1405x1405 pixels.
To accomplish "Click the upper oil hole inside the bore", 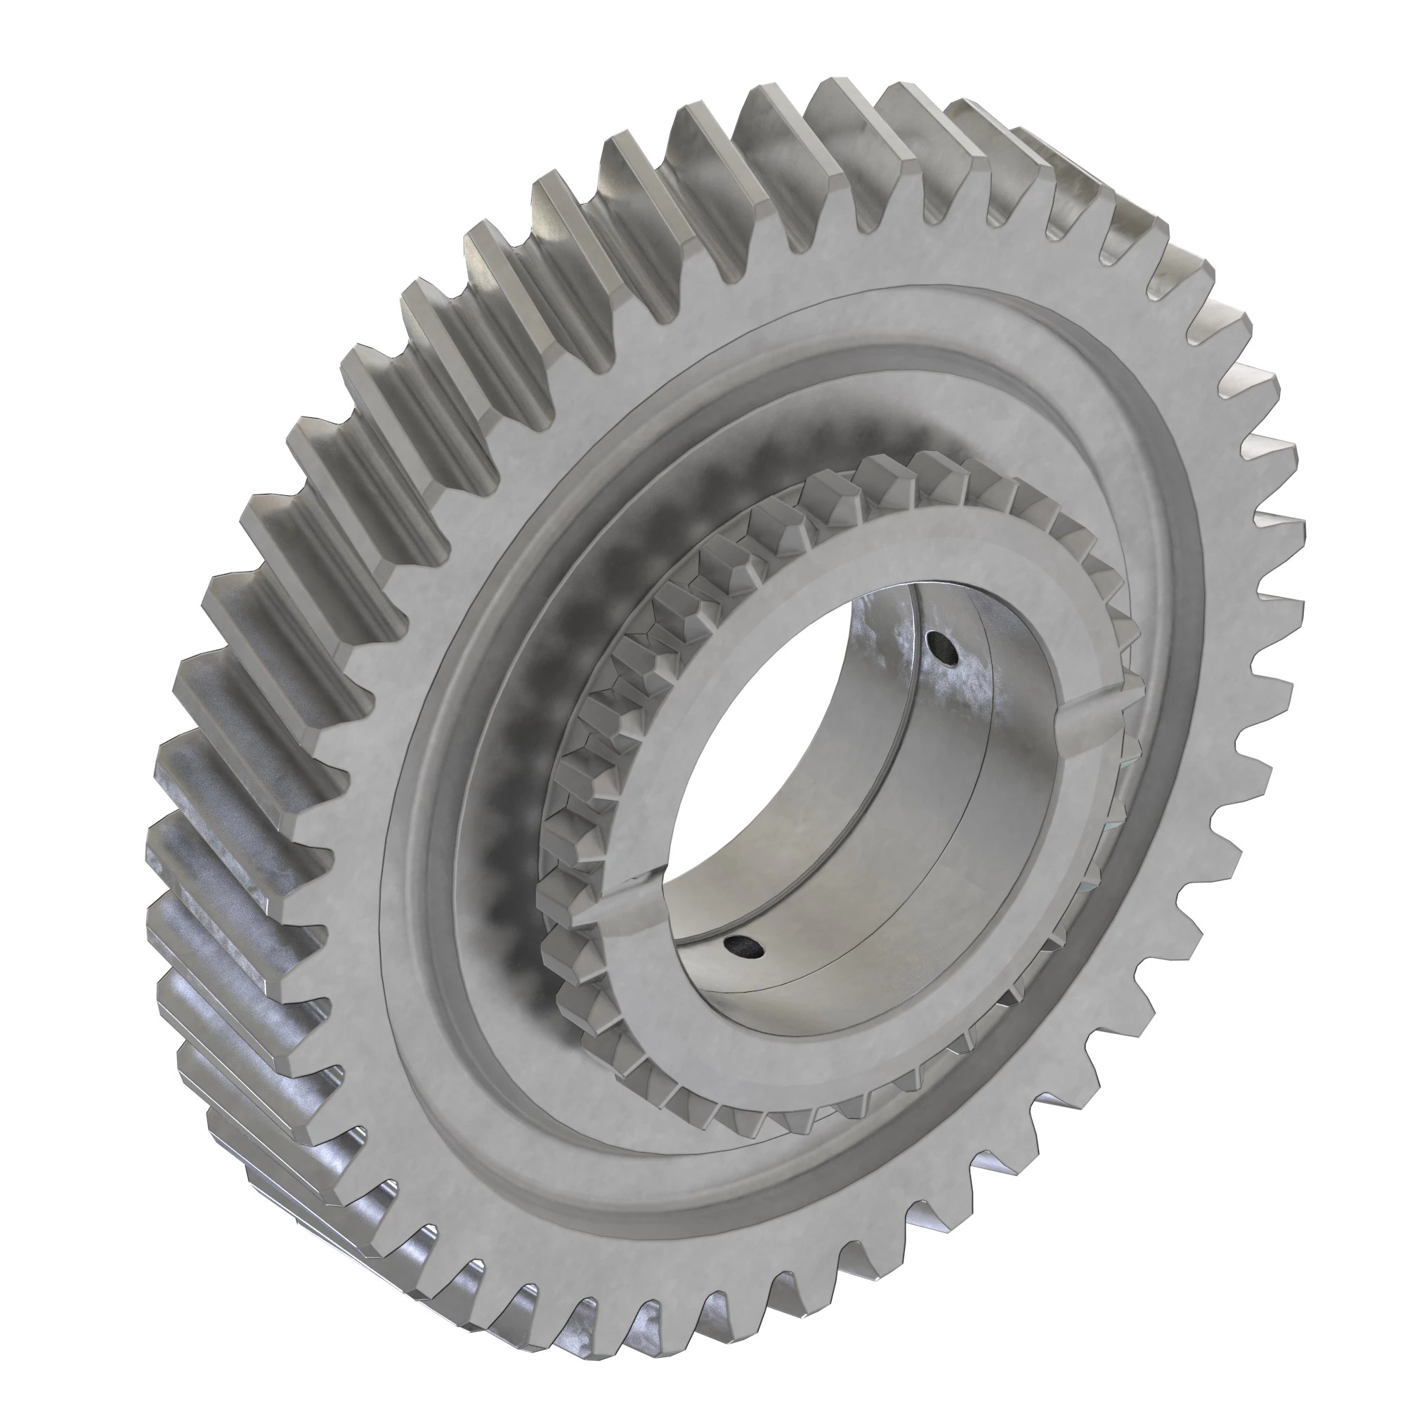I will pos(943,647).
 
